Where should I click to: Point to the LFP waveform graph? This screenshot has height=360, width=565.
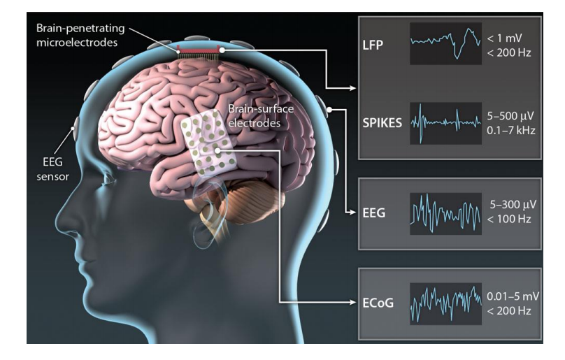[x=445, y=44]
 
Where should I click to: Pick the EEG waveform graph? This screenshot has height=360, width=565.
[x=445, y=209]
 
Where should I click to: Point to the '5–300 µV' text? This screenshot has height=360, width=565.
[x=514, y=203]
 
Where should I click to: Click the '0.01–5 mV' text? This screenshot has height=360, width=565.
[x=513, y=296]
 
